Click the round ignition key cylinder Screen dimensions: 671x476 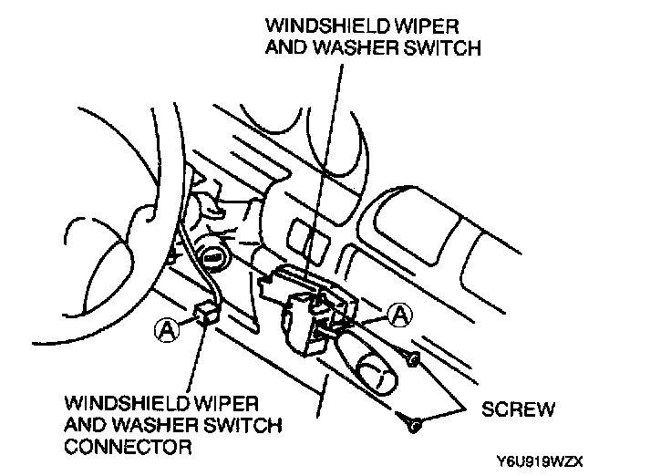(x=213, y=258)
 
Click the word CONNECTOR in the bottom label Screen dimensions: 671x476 (x=128, y=447)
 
